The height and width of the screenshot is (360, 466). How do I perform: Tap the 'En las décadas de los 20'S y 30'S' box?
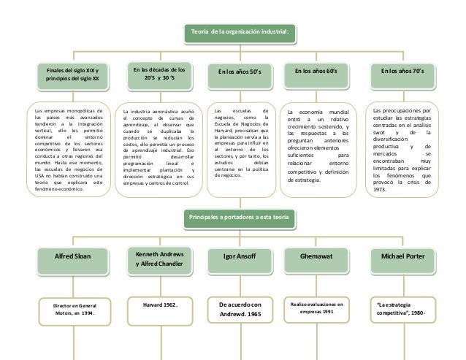point(158,73)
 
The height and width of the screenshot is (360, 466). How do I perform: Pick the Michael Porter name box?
point(413,257)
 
